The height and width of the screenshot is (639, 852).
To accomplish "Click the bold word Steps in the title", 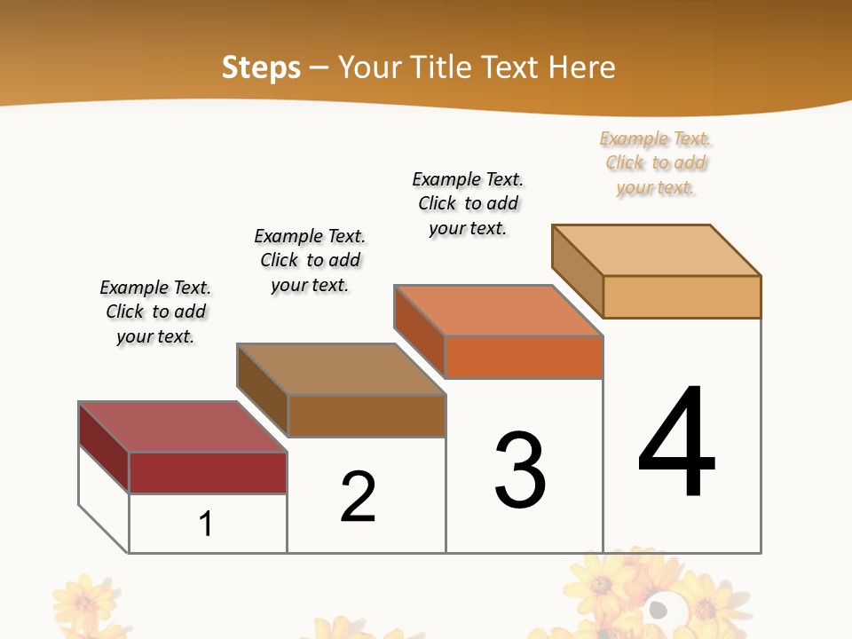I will pyautogui.click(x=261, y=67).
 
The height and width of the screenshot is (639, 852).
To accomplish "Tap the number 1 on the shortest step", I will pyautogui.click(x=206, y=524).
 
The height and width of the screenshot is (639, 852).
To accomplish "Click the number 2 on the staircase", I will pyautogui.click(x=358, y=497).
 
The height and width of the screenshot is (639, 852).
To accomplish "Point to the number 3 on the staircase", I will pyautogui.click(x=520, y=470).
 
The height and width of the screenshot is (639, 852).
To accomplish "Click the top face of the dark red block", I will pyautogui.click(x=182, y=427).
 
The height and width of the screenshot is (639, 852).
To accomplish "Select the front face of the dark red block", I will pyautogui.click(x=208, y=472).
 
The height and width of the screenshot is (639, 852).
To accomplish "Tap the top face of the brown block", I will pyautogui.click(x=341, y=369).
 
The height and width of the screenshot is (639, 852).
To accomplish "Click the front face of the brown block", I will pyautogui.click(x=367, y=415).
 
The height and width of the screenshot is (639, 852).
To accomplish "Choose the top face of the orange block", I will pyautogui.click(x=498, y=311).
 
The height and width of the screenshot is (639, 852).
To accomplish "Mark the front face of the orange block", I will pyautogui.click(x=524, y=357).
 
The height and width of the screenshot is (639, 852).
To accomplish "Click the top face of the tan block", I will pyautogui.click(x=656, y=250).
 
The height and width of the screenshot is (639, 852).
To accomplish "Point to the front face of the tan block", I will pyautogui.click(x=682, y=296).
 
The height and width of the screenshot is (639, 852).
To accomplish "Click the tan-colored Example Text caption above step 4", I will pyautogui.click(x=656, y=163).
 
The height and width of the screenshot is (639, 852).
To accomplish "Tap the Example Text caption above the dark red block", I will pyautogui.click(x=155, y=312).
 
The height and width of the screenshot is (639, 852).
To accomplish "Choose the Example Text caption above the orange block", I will pyautogui.click(x=468, y=203).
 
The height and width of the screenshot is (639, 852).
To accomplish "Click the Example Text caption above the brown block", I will pyautogui.click(x=310, y=260).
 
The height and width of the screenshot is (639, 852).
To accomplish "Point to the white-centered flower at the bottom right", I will pyautogui.click(x=659, y=609).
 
